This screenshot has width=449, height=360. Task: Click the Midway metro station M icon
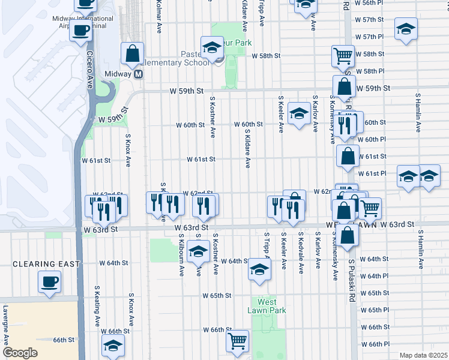tap(139, 74)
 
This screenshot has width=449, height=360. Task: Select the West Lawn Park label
tap(267, 306)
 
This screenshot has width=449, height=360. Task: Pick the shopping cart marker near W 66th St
tap(238, 341)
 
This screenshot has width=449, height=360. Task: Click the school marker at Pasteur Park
tap(211, 47)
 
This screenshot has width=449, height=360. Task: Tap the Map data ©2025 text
tap(423, 355)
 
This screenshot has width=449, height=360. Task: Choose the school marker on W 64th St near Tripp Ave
tap(259, 269)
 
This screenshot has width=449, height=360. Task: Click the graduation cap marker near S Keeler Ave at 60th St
tap(298, 113)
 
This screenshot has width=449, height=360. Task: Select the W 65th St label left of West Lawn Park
tap(217, 296)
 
